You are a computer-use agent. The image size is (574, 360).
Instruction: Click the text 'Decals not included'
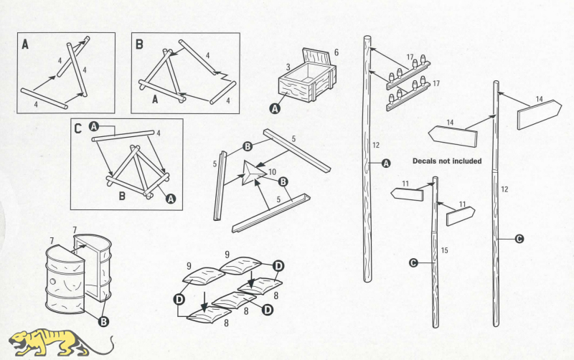[447, 161]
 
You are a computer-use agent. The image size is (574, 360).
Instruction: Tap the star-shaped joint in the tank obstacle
[253, 172]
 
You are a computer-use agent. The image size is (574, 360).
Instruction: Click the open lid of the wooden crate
[318, 60]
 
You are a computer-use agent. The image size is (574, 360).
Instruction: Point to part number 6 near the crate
[336, 53]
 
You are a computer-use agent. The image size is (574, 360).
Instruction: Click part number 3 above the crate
[288, 67]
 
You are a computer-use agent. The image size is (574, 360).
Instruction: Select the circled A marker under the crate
[274, 109]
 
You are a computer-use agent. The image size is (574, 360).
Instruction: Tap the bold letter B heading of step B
[139, 44]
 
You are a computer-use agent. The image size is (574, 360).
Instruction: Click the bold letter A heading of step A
[25, 44]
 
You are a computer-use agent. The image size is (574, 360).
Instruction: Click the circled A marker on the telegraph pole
[386, 164]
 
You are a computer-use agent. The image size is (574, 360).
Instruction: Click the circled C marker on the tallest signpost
[519, 239]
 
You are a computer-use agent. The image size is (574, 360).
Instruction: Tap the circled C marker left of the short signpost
[413, 263]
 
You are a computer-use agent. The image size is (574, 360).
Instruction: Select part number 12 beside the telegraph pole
[375, 146]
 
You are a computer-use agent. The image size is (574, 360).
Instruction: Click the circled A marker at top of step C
[93, 126]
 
